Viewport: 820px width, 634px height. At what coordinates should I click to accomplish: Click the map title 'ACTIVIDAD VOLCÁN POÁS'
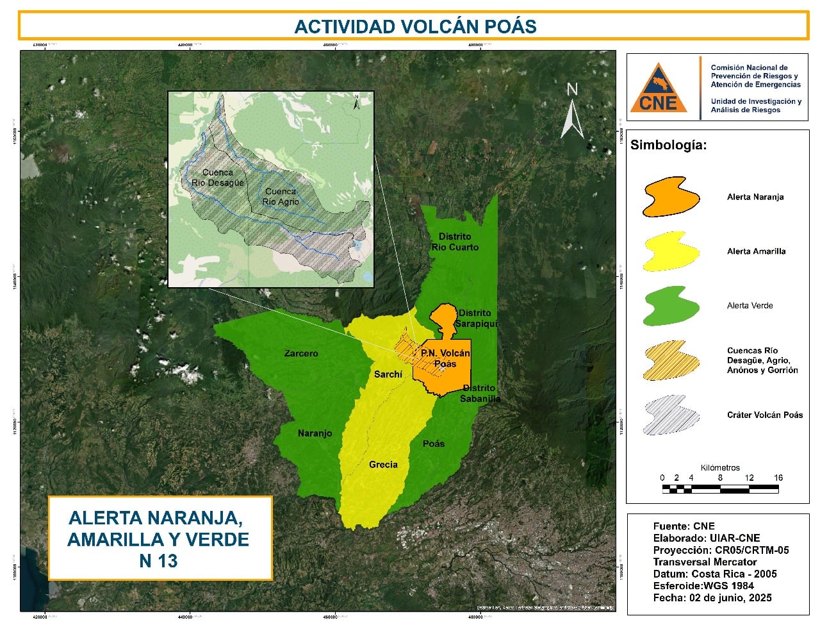(x=414, y=26)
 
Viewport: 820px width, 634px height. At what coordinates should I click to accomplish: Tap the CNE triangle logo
(x=658, y=88)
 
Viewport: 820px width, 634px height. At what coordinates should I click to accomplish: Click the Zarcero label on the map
(x=300, y=353)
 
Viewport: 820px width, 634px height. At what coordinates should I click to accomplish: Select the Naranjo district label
(x=315, y=433)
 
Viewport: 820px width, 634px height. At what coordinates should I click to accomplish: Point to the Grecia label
(x=383, y=465)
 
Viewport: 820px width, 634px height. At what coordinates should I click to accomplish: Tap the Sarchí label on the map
(x=388, y=374)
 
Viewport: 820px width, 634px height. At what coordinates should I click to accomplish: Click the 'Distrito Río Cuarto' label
(x=455, y=242)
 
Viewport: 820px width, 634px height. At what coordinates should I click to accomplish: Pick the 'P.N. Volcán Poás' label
(x=445, y=358)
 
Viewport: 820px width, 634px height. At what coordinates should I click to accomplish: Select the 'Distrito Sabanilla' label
(x=480, y=393)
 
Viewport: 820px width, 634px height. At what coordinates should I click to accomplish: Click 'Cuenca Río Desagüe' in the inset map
(x=218, y=178)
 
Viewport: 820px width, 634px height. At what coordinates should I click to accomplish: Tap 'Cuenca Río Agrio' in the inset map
(x=281, y=196)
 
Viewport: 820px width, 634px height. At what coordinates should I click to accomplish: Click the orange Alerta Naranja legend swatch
(x=671, y=197)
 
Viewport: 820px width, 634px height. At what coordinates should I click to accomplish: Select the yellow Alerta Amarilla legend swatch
(x=671, y=251)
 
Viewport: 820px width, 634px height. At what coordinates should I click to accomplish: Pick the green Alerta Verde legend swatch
(x=671, y=306)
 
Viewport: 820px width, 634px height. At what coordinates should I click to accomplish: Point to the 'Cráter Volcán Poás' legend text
(x=764, y=415)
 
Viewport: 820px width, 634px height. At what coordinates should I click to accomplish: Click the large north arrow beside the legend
(x=572, y=112)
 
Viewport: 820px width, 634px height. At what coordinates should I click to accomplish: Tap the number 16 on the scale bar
(x=778, y=478)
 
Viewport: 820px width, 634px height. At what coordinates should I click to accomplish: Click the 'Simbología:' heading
(x=668, y=145)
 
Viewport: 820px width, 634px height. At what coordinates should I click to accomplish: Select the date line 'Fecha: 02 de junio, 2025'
(x=712, y=597)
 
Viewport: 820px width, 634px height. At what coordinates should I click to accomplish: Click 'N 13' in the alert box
(x=158, y=560)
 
